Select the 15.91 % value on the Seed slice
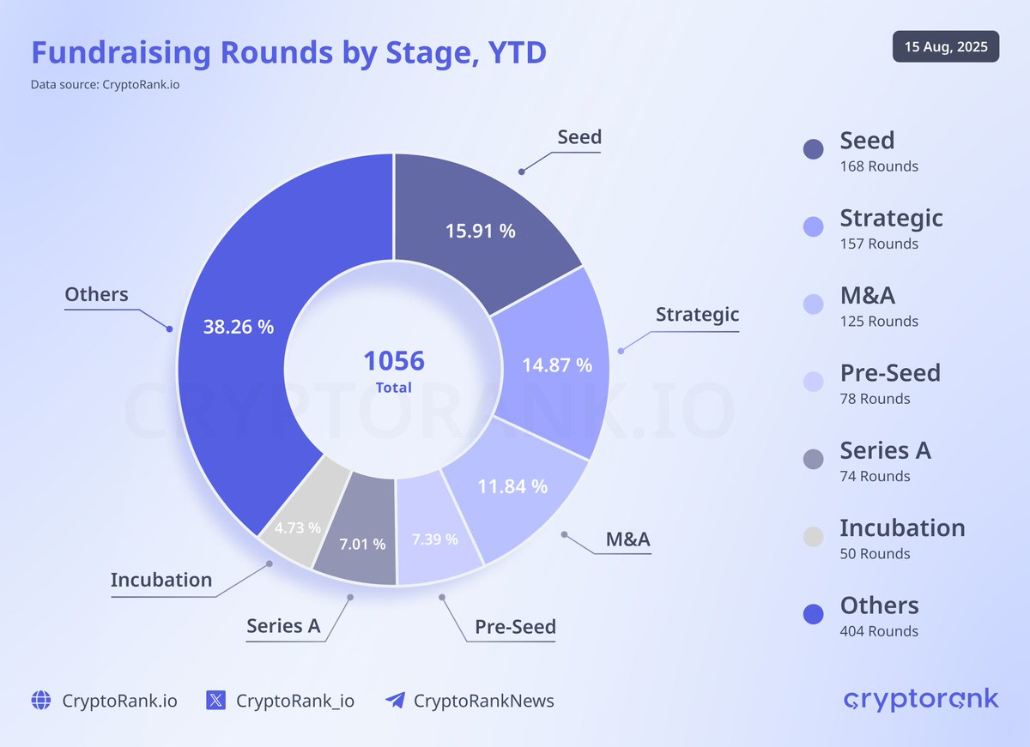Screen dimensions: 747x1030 point(480,231)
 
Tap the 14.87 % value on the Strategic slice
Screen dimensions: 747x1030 point(557,364)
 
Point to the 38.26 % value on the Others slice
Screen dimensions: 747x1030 point(239,327)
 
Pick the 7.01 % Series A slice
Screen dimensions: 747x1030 point(361,544)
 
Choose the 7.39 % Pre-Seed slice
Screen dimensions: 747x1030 point(434,539)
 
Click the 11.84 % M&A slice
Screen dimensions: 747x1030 point(512,486)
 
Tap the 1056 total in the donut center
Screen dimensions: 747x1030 point(393,361)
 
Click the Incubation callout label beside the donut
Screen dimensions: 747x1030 point(161,580)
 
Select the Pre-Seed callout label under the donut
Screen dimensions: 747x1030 point(515,627)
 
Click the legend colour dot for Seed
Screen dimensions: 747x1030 point(814,149)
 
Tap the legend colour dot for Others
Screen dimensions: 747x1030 point(814,614)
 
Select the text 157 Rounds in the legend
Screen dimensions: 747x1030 point(879,244)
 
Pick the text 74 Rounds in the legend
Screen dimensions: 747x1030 point(875,476)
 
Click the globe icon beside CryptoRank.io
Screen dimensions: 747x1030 point(41,701)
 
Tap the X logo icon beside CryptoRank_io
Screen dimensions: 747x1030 point(216,701)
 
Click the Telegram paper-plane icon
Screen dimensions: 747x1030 point(395,701)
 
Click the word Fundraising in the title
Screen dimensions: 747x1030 point(122,52)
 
